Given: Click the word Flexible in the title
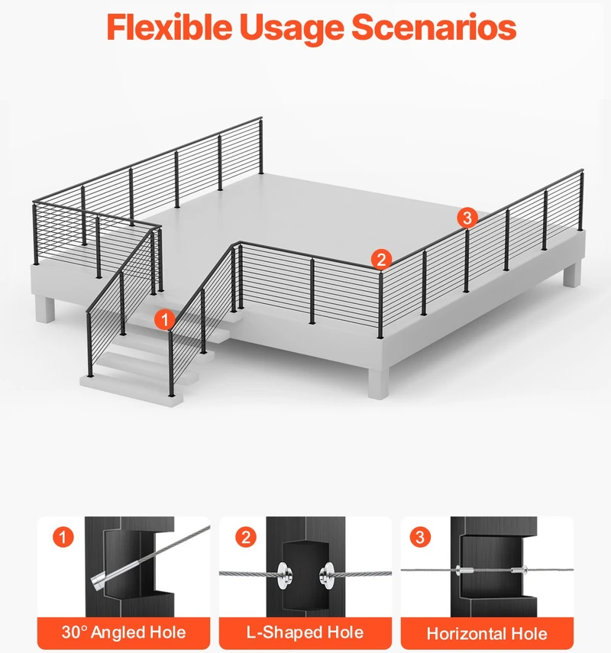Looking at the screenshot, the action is click(x=170, y=27).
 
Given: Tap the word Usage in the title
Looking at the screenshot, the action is click(x=292, y=28).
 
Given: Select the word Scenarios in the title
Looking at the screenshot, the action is click(x=434, y=27).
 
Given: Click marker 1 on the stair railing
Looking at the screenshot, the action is click(x=165, y=320).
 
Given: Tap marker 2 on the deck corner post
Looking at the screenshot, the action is click(x=382, y=260).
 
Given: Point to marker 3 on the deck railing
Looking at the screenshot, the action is click(x=467, y=218).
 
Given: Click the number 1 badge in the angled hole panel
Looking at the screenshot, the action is click(x=63, y=537).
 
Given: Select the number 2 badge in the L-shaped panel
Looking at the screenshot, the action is click(x=246, y=537).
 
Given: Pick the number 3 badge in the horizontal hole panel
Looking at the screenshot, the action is click(x=420, y=537).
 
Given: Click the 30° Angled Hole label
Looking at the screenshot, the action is click(x=124, y=632).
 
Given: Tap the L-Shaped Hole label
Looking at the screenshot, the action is click(x=305, y=632).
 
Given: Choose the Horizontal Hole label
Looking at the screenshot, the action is click(x=487, y=634).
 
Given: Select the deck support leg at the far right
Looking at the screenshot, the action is click(x=572, y=273).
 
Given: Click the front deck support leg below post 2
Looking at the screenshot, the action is click(x=378, y=383).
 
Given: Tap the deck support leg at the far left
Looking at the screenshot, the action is click(x=45, y=309).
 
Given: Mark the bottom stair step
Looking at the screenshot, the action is click(x=131, y=390).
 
